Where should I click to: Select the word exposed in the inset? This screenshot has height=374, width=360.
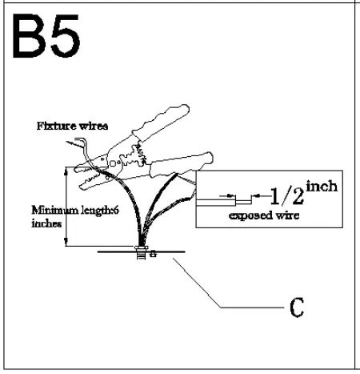pyautogui.click(x=246, y=216)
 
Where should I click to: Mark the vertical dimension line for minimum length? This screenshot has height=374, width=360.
pyautogui.click(x=66, y=207)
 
